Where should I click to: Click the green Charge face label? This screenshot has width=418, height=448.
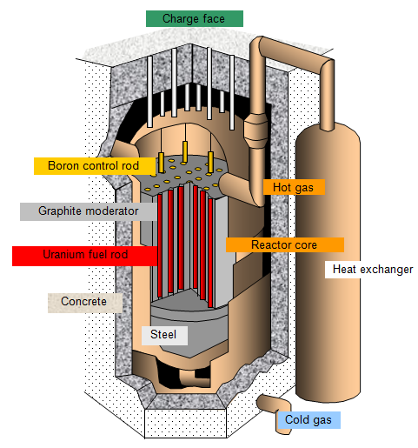[x=195, y=19]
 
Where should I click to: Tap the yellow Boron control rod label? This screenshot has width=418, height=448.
[x=95, y=166]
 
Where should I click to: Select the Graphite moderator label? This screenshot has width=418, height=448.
[x=89, y=211]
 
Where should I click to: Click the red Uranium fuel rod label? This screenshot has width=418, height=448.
[x=85, y=256]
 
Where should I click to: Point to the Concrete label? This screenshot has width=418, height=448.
[x=85, y=303]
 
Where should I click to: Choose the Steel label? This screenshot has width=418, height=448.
[x=164, y=335]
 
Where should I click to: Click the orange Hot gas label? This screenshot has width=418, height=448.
[x=294, y=187]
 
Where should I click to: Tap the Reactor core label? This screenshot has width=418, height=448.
[x=285, y=245]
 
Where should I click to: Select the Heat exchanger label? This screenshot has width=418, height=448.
[x=371, y=270]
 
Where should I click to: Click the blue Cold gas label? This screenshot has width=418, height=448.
[x=309, y=420]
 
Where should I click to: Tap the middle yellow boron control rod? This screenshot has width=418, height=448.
[x=185, y=151]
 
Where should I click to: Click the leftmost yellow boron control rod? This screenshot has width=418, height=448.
[x=161, y=163]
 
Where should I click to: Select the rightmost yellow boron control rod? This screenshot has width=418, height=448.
[x=210, y=163]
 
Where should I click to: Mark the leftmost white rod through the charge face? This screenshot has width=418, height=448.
[x=149, y=91]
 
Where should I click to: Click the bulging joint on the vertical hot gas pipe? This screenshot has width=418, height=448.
[x=255, y=130]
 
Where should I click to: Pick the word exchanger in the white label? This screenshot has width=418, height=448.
[x=387, y=270]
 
